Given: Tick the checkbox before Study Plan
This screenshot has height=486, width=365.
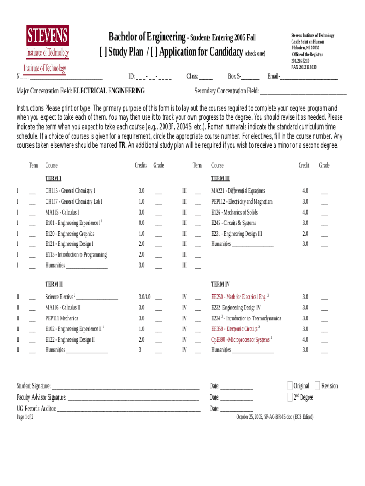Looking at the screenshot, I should point(103,52).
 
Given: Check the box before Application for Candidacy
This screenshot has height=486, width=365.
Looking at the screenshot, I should point(154,52).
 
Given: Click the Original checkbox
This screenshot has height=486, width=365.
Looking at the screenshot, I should point(290,386).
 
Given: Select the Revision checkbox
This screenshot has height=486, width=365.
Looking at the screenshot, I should point(318,386).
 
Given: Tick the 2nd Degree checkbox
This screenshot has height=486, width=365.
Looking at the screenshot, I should point(290,397).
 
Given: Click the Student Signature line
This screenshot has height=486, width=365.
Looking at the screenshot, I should point(125,387).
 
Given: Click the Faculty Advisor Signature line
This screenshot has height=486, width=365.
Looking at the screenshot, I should point(133,398).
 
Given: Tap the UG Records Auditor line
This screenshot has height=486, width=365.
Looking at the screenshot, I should point(128,409).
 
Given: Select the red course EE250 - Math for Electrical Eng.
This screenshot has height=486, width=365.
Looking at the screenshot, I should point(239,297).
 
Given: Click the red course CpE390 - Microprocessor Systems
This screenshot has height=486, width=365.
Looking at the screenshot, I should point(241,340).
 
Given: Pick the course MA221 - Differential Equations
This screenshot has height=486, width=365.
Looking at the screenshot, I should point(238,191).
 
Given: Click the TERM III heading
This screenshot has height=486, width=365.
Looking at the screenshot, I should point(220,178).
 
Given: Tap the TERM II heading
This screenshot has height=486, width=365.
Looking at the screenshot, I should point(54,285).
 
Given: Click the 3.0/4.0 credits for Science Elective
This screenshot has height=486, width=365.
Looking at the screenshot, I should point(145,297).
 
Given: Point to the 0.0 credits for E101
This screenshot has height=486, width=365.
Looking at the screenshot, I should point(141,223).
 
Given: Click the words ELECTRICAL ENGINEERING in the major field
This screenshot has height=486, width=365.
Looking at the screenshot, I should point(109,91).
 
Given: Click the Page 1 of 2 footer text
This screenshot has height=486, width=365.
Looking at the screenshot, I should point(25,417).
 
